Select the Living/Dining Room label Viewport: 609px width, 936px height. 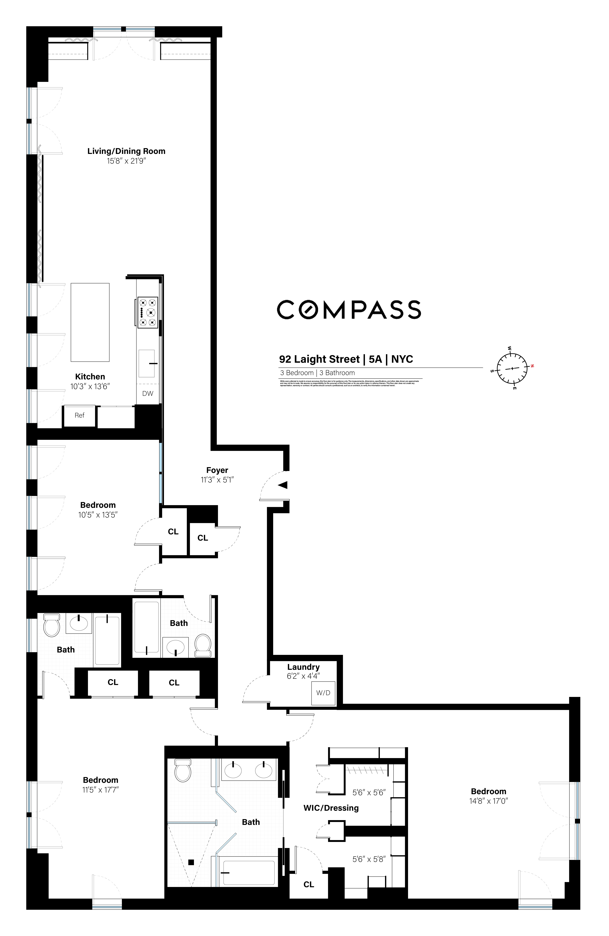click(x=126, y=151)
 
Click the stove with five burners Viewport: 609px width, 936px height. click(x=148, y=313)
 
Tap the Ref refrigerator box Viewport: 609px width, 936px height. click(x=80, y=415)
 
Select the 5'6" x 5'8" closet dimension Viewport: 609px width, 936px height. click(x=369, y=859)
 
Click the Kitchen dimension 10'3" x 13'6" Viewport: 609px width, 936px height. click(x=90, y=387)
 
